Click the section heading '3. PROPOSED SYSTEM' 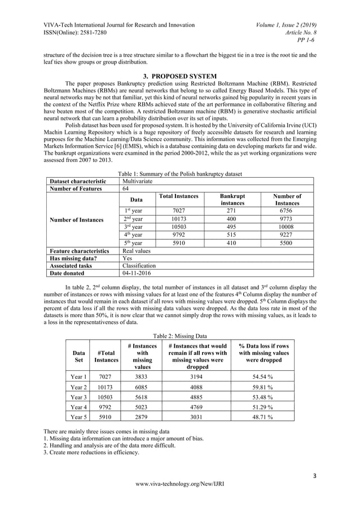point(179,77)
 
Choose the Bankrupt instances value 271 point(229,210)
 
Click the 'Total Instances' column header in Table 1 point(178,196)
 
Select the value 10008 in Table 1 point(287,227)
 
